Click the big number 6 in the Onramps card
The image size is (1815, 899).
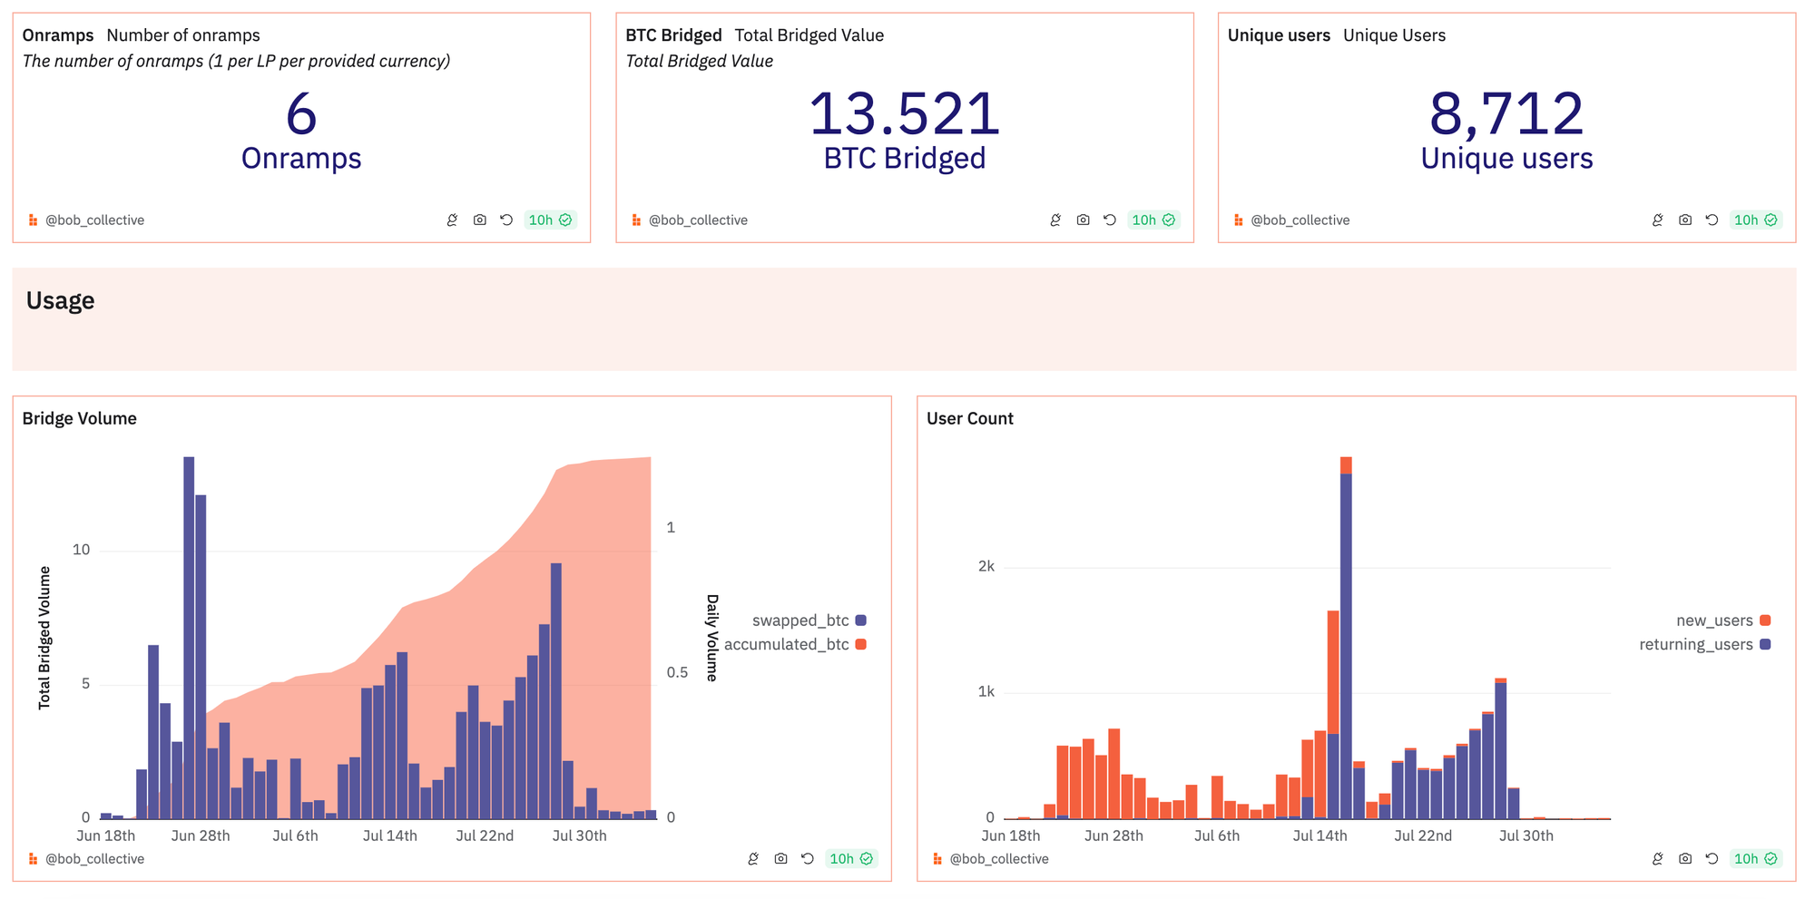click(x=301, y=114)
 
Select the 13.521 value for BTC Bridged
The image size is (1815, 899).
click(x=904, y=114)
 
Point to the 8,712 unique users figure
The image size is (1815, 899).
click(x=1506, y=114)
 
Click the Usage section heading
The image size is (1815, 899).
click(x=60, y=300)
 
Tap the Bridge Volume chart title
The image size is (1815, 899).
click(x=80, y=418)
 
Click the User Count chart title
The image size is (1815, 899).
click(x=969, y=418)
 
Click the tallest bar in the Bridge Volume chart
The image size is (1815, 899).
click(x=189, y=635)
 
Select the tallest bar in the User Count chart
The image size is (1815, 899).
click(x=1346, y=635)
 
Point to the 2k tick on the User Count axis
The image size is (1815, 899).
click(x=986, y=567)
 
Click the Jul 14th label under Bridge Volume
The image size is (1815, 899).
click(x=389, y=835)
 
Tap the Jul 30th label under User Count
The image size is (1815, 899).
click(x=1526, y=835)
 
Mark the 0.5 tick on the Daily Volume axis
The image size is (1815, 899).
click(x=677, y=672)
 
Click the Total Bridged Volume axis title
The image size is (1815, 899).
click(x=44, y=638)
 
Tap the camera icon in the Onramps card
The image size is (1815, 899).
click(x=479, y=220)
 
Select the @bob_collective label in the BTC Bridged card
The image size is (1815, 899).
click(x=697, y=220)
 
